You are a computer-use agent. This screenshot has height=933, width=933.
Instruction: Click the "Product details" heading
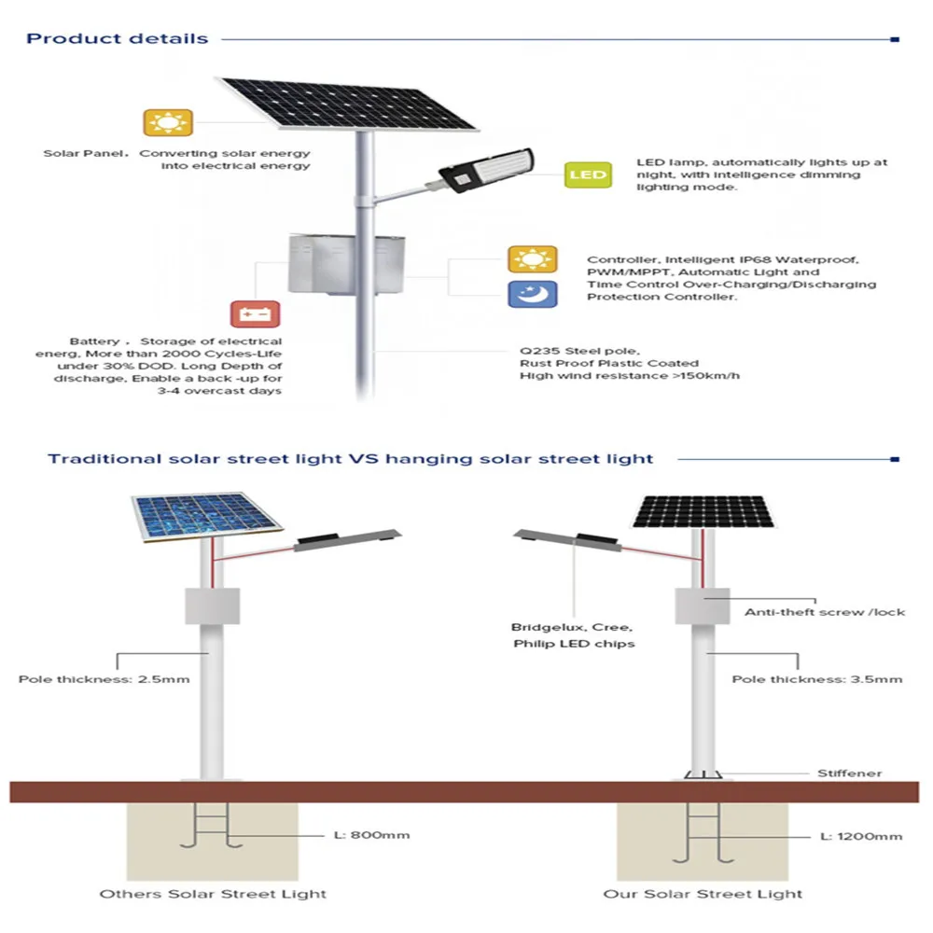pos(117,39)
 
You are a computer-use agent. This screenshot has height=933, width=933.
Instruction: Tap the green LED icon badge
pos(588,174)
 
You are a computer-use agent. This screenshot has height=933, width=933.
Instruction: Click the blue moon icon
pos(532,294)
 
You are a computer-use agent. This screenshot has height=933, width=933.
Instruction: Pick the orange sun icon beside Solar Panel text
pos(168,123)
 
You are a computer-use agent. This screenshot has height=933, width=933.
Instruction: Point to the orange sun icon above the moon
pos(532,259)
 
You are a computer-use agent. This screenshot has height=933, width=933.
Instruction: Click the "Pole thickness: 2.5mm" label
pos(104,678)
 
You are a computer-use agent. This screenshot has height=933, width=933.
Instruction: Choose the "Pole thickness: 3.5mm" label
pos(816,678)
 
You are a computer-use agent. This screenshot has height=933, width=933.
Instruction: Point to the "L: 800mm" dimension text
pos(371,835)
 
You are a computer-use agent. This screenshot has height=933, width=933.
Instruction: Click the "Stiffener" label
pos(849,773)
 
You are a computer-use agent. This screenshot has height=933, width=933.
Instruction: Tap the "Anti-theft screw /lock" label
pos(824,612)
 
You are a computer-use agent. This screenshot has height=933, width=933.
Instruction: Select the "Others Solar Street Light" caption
pos(213,894)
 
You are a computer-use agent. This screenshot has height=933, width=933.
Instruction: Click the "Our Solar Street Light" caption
pos(702,894)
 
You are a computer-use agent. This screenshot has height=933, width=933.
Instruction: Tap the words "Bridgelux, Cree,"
pos(572,627)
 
